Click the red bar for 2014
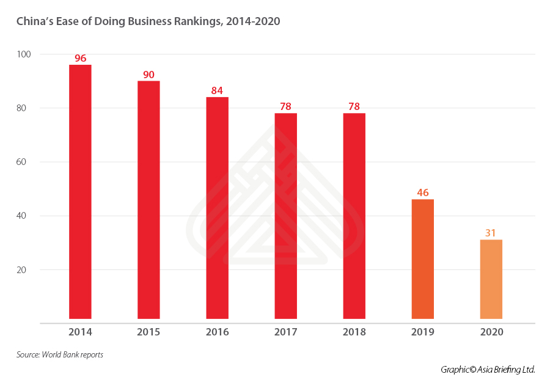(x=80, y=192)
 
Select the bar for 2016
(x=217, y=208)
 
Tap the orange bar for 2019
(x=423, y=259)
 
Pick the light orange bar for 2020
(x=491, y=279)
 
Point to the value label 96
(x=80, y=59)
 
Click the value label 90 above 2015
(x=148, y=75)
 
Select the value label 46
(x=423, y=192)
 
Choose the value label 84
(x=217, y=90)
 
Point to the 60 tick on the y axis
(x=26, y=162)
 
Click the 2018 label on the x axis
(x=354, y=332)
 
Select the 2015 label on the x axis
(x=148, y=332)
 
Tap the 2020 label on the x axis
(x=491, y=332)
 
